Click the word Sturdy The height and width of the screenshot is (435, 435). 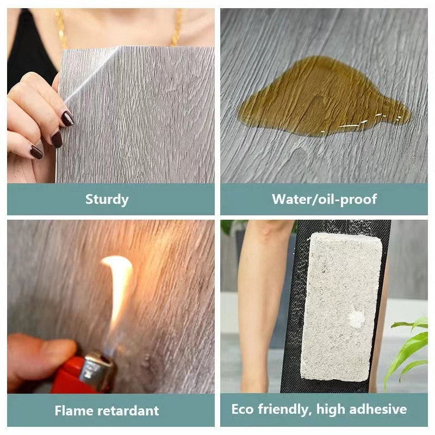pos(107,200)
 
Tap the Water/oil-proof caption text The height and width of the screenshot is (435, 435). pos(324,199)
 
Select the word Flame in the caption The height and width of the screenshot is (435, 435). pos(73,411)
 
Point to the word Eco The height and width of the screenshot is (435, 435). pos(242,409)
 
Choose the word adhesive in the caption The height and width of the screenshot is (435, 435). pos(378,409)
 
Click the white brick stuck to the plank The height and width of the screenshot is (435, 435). pos(341,307)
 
